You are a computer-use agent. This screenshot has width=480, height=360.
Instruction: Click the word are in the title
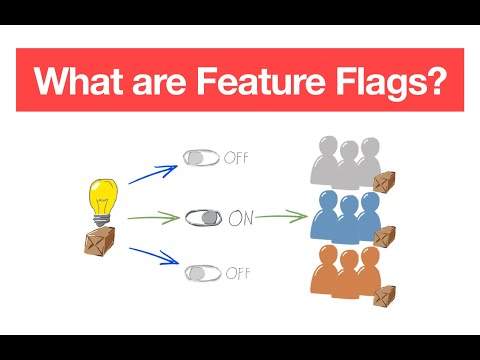click(162, 80)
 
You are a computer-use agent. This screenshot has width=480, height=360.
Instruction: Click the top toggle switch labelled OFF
click(202, 157)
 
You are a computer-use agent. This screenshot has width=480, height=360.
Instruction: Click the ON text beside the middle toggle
click(244, 216)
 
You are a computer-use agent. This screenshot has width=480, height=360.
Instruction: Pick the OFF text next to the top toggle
click(237, 157)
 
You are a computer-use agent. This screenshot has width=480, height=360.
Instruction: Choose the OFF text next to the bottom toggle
click(237, 272)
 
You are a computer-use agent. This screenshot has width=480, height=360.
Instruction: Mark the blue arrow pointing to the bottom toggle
click(152, 257)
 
